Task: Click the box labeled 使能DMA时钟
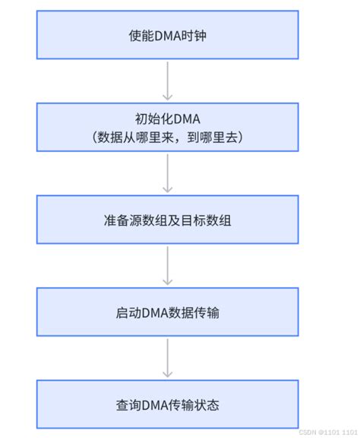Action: point(168,36)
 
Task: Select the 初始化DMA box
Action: point(168,128)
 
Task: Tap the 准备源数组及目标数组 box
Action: point(168,220)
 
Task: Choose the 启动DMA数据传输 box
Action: point(168,312)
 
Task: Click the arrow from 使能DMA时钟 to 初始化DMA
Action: point(168,82)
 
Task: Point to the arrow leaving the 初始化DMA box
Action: point(168,174)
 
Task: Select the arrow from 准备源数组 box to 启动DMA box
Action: point(168,266)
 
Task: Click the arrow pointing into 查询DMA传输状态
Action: point(168,358)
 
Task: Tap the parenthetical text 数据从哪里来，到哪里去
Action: point(168,138)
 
